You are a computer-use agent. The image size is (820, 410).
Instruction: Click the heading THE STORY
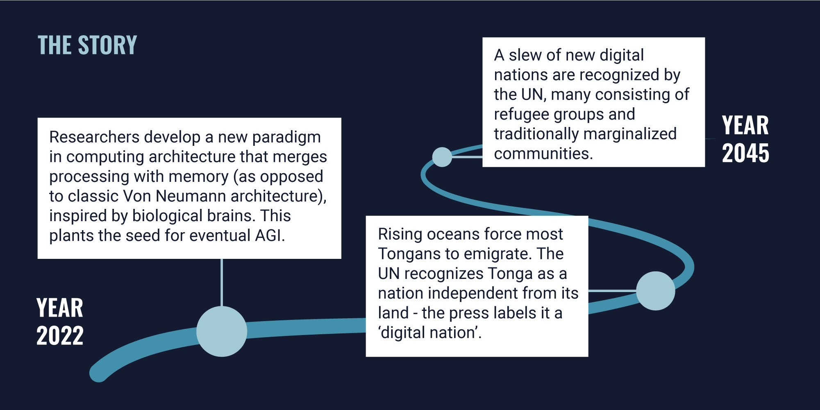click(x=87, y=45)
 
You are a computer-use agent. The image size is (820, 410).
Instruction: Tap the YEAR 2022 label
click(x=60, y=322)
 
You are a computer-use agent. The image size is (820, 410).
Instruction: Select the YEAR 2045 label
click(x=745, y=139)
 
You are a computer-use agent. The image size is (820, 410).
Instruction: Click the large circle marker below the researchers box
click(x=222, y=331)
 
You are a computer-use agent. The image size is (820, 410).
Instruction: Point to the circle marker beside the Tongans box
click(x=656, y=291)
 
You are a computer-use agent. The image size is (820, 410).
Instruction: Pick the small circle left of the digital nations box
click(x=442, y=157)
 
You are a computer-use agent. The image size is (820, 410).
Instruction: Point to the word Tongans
click(x=410, y=254)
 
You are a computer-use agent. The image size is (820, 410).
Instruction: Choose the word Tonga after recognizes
click(x=510, y=274)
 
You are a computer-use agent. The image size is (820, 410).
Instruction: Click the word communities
click(x=543, y=154)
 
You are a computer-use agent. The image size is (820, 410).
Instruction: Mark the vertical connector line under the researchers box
click(x=222, y=283)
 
